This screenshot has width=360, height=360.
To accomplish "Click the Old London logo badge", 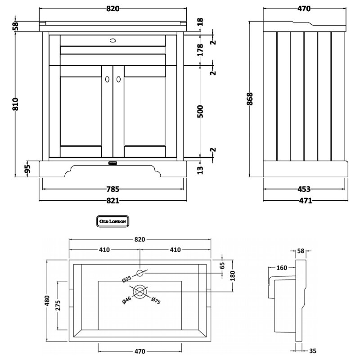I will coord(112,221).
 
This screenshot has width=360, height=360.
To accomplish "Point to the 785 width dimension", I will coord(112,189).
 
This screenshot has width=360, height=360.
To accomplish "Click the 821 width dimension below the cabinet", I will coord(112,201).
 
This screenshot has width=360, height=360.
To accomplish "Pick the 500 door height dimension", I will coord(201,111).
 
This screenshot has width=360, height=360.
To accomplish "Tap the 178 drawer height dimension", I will coord(201,49).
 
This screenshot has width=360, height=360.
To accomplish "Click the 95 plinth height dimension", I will coord(27,169).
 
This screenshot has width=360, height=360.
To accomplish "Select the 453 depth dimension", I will coord(304,189).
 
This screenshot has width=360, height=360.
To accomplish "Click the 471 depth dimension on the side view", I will coord(304,201).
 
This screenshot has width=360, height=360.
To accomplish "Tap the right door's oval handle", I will coord(118,79).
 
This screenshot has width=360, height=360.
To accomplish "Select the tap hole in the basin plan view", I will coord(140,272).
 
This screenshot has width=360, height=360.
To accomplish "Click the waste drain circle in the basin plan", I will coord(140,292).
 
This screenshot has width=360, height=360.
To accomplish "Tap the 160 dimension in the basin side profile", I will coord(282,268).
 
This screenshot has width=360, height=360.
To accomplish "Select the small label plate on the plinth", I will coord(112,162).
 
